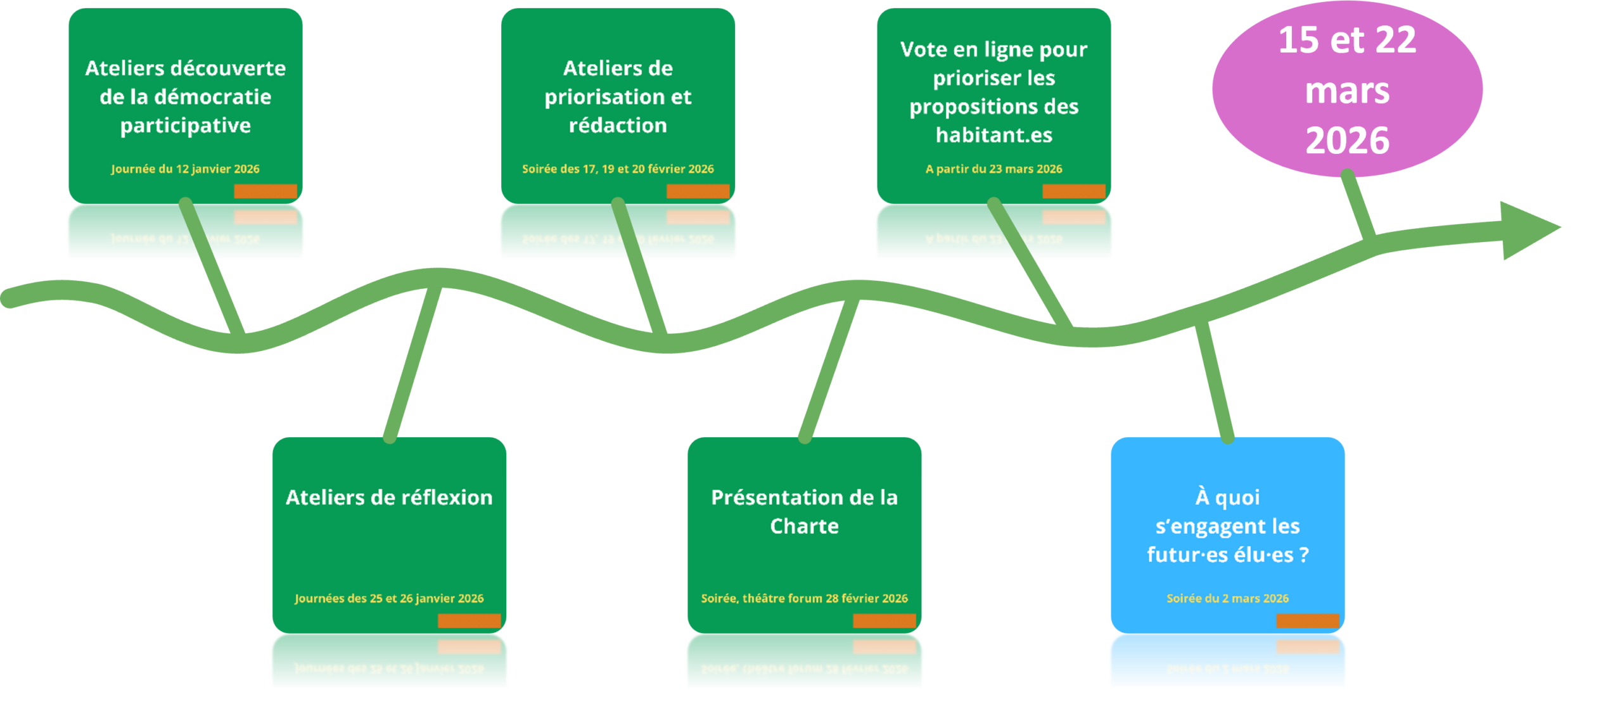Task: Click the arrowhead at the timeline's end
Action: click(x=1530, y=229)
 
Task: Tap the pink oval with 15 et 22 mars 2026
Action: click(x=1347, y=89)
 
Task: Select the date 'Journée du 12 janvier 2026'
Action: click(x=185, y=169)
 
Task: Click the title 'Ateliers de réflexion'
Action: click(x=389, y=497)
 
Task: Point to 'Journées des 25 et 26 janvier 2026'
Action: click(x=389, y=598)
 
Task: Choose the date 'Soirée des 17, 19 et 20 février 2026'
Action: click(x=618, y=169)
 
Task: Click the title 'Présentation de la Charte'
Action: click(x=804, y=511)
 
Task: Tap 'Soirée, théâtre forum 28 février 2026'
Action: click(x=804, y=598)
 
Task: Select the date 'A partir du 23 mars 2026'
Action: click(x=993, y=169)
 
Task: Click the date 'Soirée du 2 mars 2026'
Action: click(x=1227, y=598)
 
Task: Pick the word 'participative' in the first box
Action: click(x=185, y=125)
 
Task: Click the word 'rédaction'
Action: click(x=618, y=125)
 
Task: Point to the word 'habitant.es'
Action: click(x=993, y=135)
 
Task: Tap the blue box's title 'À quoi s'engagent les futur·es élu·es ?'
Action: click(x=1227, y=526)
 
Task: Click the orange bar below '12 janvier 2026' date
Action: click(x=265, y=191)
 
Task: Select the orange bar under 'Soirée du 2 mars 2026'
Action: click(x=1308, y=620)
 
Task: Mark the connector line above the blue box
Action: click(x=1215, y=380)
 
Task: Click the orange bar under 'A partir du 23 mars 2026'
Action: click(x=1074, y=191)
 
